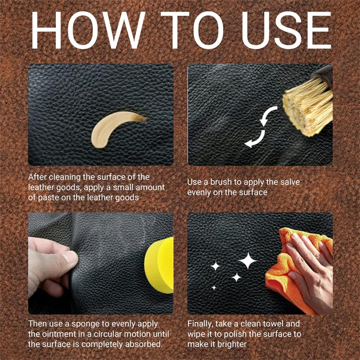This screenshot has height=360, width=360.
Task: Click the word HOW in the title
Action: [88, 30]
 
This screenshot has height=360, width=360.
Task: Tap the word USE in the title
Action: [286, 30]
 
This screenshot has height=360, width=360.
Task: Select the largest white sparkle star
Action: [247, 261]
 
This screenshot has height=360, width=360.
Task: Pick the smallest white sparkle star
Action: [214, 288]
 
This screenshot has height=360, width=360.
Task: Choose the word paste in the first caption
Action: [49, 198]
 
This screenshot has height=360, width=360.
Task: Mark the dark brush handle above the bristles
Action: [323, 75]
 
